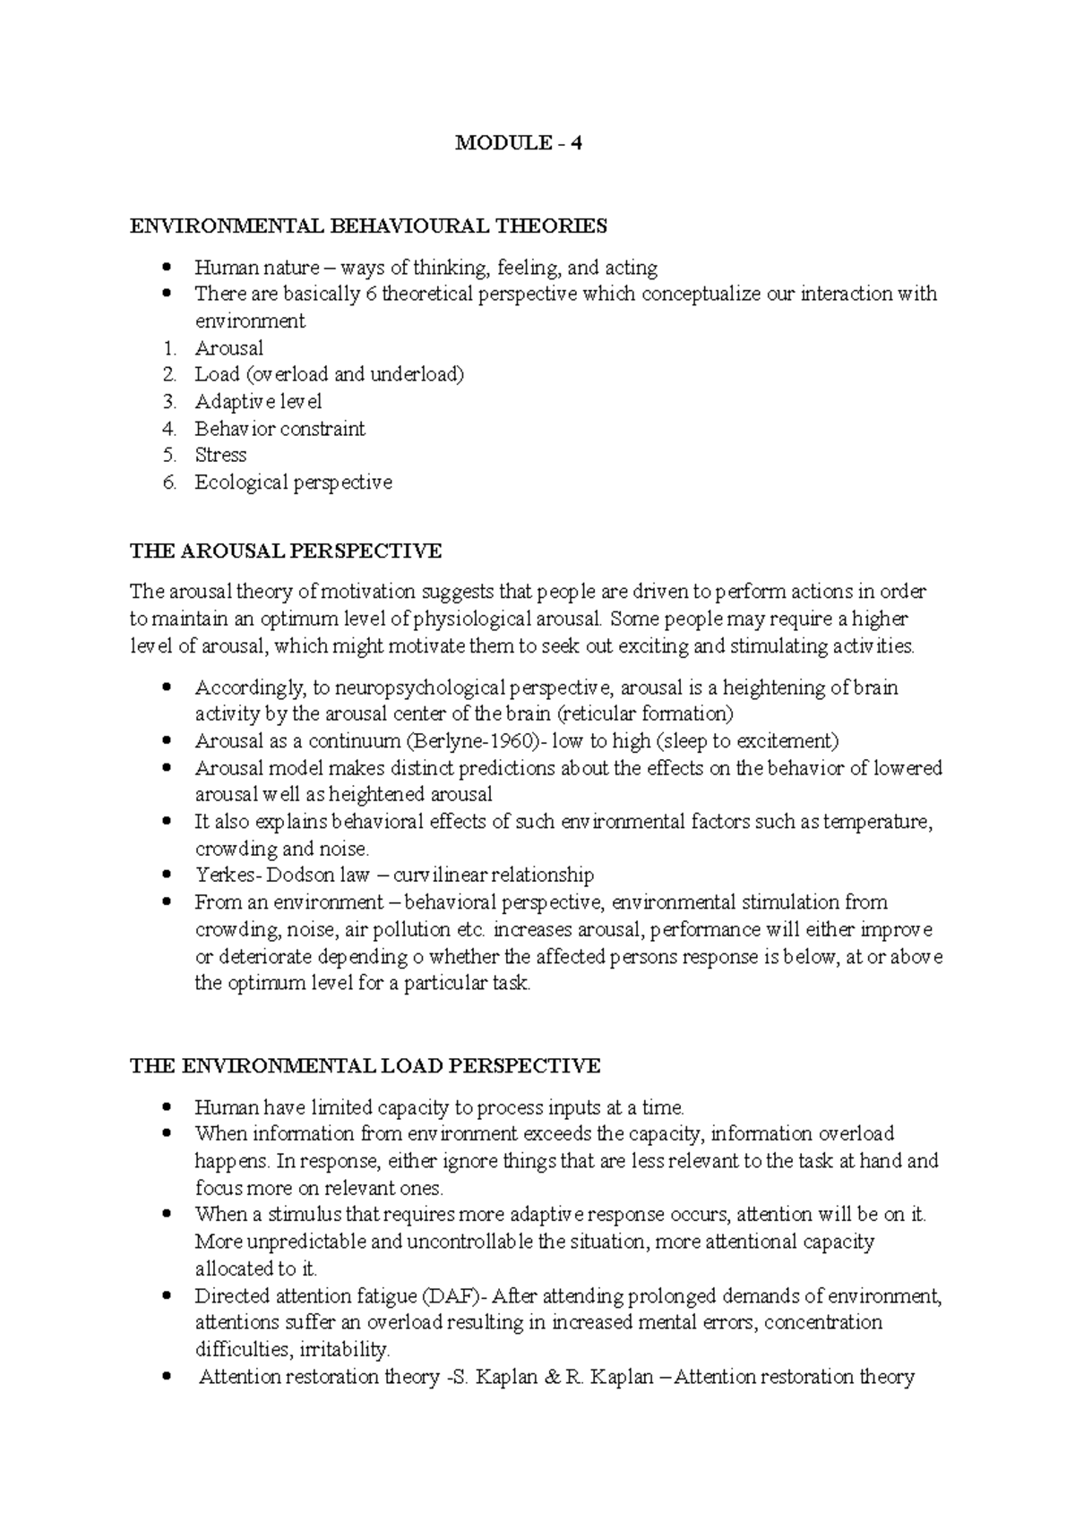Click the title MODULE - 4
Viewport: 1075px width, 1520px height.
pos(519,142)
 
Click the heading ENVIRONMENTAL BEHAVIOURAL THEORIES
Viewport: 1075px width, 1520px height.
pos(368,226)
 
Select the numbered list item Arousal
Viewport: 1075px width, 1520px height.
pos(229,348)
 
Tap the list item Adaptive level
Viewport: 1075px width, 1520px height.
pos(258,402)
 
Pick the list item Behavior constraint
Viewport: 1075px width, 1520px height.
pos(279,429)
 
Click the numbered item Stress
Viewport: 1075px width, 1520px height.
pos(220,455)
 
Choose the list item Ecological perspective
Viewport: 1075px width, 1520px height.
pos(293,482)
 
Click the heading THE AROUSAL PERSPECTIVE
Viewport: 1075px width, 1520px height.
pos(286,551)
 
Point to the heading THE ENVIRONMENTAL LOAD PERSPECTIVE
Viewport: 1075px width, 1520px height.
pos(365,1066)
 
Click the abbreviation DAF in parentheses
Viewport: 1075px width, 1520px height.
pos(449,1296)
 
